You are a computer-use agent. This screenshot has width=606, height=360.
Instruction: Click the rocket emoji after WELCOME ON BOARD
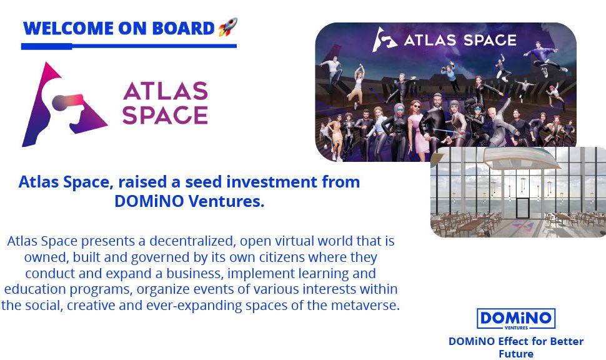[227, 27]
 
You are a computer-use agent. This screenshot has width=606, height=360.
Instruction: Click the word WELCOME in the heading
[68, 29]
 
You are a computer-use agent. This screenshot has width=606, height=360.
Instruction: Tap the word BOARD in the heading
[183, 29]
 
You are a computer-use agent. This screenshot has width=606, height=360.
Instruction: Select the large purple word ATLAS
[166, 91]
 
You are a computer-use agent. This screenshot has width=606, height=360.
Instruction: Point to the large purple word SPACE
[165, 115]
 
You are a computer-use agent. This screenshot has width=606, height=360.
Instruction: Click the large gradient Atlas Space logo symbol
[64, 104]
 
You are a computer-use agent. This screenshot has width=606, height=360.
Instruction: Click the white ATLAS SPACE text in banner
[460, 40]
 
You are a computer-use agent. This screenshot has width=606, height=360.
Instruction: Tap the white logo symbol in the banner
[385, 39]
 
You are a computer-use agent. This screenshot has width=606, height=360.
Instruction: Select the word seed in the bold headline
[203, 182]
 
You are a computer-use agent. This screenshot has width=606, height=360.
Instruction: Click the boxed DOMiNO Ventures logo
[516, 319]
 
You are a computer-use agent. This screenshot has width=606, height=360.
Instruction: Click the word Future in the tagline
[516, 354]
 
